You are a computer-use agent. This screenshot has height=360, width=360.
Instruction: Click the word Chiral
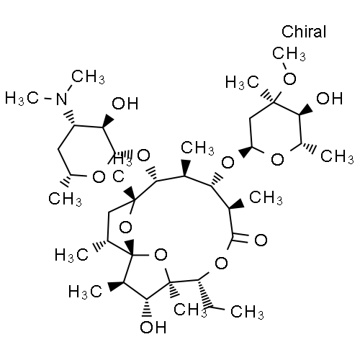point(304,32)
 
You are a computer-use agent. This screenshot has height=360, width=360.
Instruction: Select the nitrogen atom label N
point(62,99)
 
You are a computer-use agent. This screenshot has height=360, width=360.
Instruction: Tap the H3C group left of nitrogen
point(22,99)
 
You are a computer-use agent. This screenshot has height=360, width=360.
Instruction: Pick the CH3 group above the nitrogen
point(88,77)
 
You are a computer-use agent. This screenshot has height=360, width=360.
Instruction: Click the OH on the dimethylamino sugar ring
point(125,104)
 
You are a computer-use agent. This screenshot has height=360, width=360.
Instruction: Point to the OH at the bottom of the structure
point(153,327)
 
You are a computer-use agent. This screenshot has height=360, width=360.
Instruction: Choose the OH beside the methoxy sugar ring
point(329,99)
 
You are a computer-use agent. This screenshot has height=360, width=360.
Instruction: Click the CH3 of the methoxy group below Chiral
point(289,53)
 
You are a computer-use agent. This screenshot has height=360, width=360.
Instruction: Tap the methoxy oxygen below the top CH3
point(289,78)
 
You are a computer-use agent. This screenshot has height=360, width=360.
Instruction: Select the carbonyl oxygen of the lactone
point(261,240)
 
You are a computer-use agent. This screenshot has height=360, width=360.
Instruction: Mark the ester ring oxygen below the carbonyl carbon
point(221,263)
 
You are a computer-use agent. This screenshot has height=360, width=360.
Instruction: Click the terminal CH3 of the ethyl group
point(247,312)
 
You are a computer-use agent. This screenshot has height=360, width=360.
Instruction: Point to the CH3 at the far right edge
point(337,156)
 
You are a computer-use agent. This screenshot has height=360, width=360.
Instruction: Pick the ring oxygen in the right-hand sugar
point(277,160)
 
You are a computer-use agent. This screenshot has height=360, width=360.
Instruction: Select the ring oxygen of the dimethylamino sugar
point(99,177)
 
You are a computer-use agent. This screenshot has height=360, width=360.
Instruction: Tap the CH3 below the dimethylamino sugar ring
point(65,199)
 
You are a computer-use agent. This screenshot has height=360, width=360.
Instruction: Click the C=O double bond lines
point(240,238)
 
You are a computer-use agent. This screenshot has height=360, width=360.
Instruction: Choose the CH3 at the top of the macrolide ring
point(197,148)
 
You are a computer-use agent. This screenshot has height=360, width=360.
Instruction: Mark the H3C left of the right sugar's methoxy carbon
point(242,82)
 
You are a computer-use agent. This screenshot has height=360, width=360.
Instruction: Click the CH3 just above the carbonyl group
point(266,197)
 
